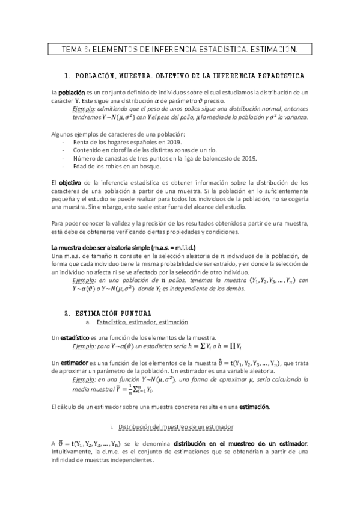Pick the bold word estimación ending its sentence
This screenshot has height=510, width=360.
(252, 407)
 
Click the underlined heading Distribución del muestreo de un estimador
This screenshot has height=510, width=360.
(175, 427)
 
